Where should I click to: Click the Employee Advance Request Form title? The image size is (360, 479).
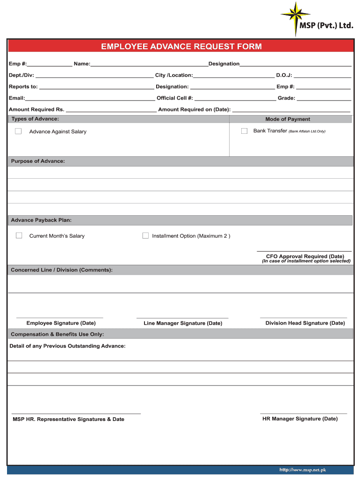click(x=181, y=46)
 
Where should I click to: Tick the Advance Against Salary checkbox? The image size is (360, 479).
click(x=18, y=131)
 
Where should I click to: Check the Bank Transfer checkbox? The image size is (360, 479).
click(x=244, y=131)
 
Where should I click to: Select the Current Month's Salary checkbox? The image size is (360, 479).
click(x=19, y=236)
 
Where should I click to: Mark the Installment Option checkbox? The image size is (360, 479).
click(x=145, y=236)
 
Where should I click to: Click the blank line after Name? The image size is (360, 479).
click(x=149, y=65)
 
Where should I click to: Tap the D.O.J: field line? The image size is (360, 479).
click(x=322, y=76)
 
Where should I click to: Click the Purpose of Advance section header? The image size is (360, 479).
click(x=38, y=161)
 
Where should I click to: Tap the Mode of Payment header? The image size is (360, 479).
click(x=288, y=119)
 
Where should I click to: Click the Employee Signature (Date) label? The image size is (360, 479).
click(x=61, y=323)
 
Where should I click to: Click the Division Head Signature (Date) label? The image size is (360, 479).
click(x=305, y=323)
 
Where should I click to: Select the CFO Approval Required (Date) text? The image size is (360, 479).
click(x=305, y=256)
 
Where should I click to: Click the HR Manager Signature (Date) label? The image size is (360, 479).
click(x=300, y=419)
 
